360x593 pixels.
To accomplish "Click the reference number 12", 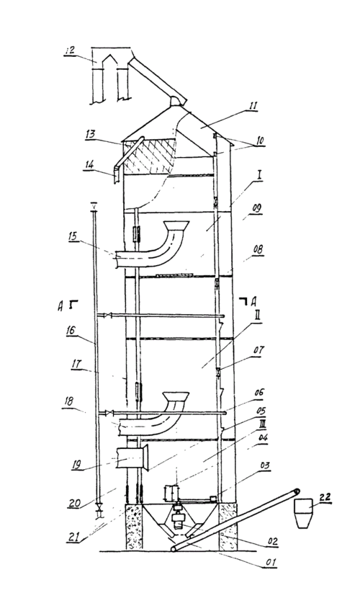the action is click(70, 50).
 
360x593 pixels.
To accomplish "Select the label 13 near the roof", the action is click(90, 134).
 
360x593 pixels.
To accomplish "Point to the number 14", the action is click(89, 165).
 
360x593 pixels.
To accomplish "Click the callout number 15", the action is click(72, 237).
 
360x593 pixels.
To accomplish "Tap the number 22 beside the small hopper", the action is click(325, 497).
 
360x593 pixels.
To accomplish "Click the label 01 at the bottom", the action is click(271, 562).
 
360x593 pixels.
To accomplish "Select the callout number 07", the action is click(258, 350).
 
